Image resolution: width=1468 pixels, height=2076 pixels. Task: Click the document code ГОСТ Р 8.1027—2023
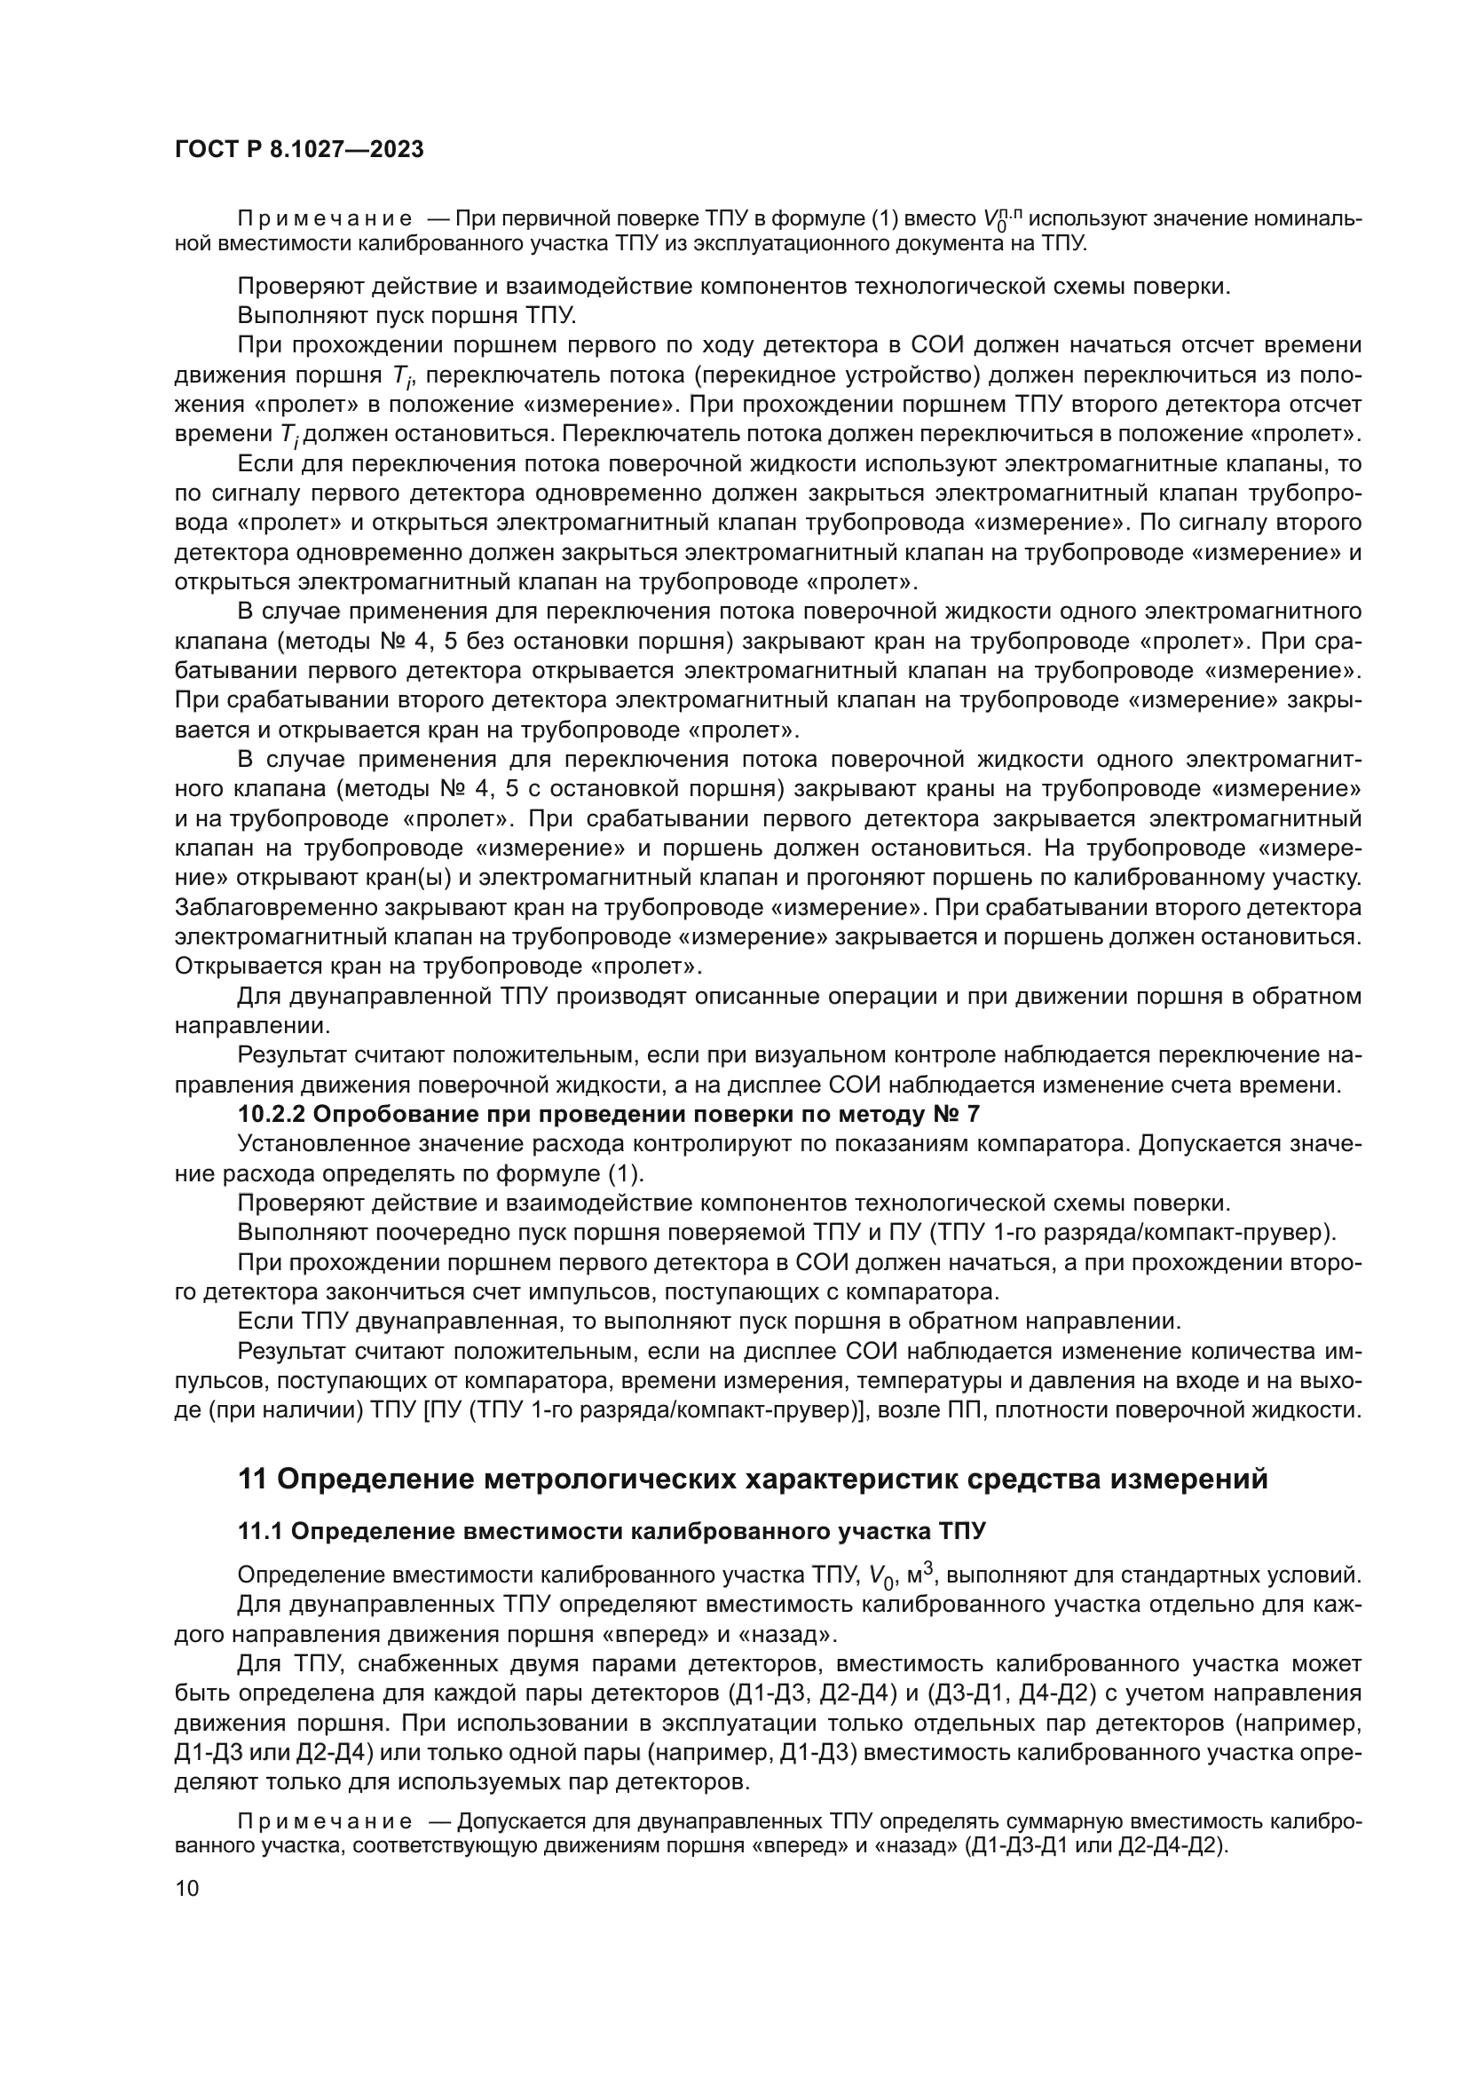coord(299,150)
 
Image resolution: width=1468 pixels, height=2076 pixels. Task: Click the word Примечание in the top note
coord(325,220)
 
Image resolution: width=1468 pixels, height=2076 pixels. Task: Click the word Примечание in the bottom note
coord(325,1823)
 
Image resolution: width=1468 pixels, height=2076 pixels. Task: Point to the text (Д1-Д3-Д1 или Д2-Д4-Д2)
coord(1096,1845)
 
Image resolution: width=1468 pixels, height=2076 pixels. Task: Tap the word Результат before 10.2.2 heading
coord(290,1055)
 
